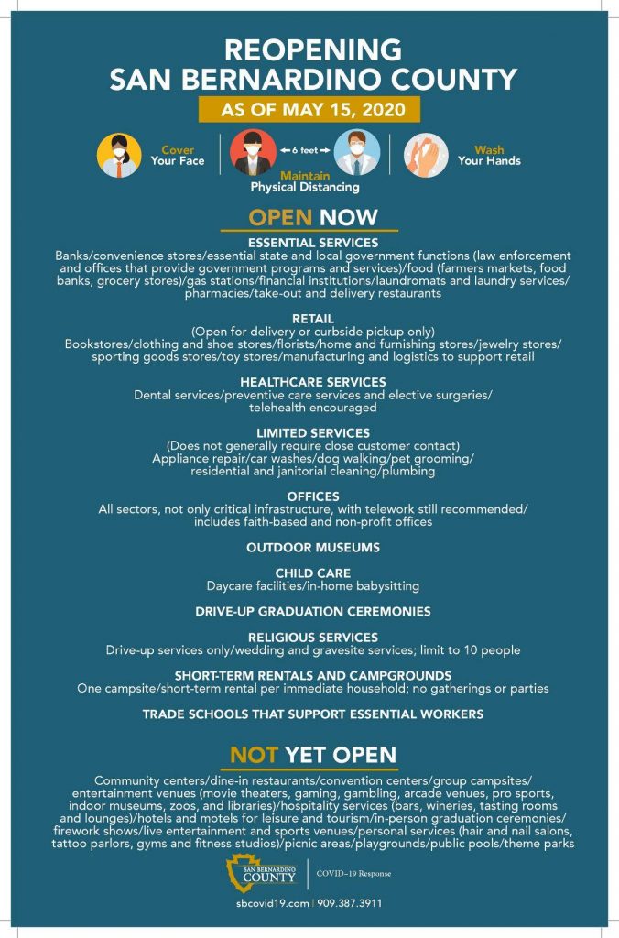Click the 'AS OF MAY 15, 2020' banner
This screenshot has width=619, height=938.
tap(309, 109)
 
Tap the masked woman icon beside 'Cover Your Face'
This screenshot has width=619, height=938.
tap(119, 155)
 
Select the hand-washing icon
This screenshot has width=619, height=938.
tap(426, 155)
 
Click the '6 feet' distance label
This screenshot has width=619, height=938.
tap(304, 147)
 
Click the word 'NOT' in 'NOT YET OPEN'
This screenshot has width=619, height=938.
tap(254, 755)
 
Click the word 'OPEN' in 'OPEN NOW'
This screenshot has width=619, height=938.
tap(281, 217)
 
